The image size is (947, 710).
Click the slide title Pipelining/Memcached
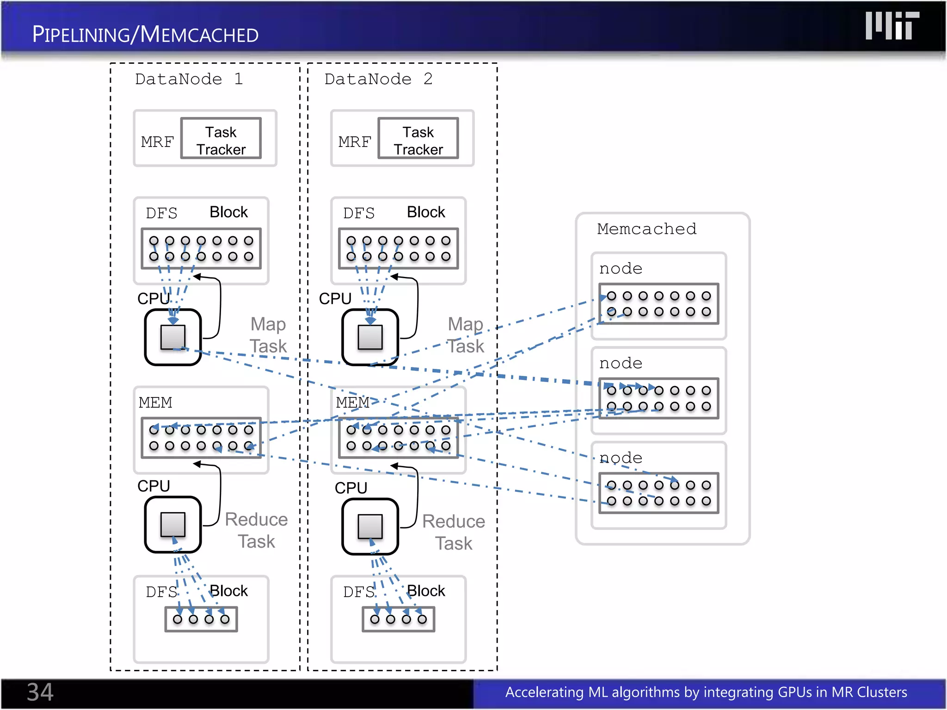pos(145,35)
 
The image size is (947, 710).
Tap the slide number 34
pos(40,692)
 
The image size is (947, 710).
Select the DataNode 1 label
pos(189,79)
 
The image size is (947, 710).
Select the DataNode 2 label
pos(378,79)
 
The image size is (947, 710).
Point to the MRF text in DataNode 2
pos(354,142)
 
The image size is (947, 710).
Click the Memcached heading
pos(646,229)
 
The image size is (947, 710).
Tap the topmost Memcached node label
pos(621,269)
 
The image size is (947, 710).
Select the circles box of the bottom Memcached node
pos(658,493)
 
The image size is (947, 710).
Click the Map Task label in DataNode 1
pos(268,335)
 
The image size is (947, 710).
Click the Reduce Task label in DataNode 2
pos(453,532)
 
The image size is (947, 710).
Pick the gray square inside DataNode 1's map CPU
pos(173,337)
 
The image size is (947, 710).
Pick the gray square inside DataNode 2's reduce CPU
pos(370,526)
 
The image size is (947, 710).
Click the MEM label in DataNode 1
pos(155,403)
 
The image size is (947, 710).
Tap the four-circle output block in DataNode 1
pos(201,619)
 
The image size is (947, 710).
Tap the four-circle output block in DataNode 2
pos(398,619)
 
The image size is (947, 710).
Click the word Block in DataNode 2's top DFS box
pos(425,212)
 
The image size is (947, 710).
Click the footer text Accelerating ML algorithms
pos(706,692)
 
